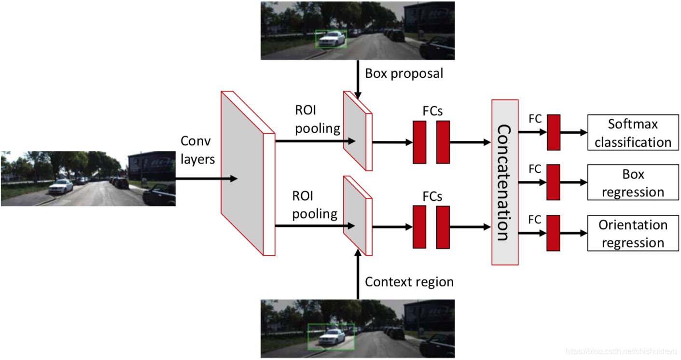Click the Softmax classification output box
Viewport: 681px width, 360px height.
633,133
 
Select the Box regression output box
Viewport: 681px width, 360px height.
633,183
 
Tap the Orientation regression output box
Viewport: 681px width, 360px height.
633,234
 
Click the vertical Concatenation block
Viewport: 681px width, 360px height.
504,182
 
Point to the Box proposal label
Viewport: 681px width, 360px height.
404,74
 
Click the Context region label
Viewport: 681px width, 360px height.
409,282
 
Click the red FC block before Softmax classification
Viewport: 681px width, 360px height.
553,132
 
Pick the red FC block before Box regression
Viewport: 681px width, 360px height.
553,182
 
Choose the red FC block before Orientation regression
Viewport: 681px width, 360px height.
553,233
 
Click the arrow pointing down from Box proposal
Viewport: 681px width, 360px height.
358,80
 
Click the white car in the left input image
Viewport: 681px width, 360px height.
61,186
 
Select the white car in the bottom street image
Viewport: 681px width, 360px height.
330,336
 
